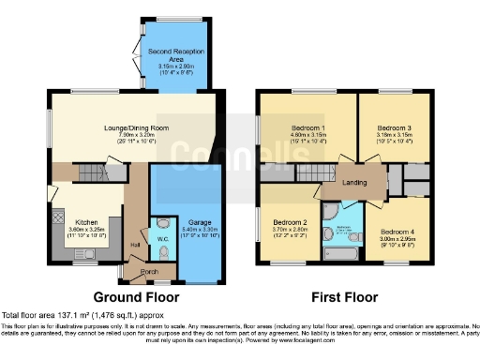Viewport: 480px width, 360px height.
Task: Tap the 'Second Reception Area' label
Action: click(177, 54)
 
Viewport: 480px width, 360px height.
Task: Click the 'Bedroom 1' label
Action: click(308, 127)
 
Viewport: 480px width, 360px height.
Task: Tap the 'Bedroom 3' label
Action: click(392, 127)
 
